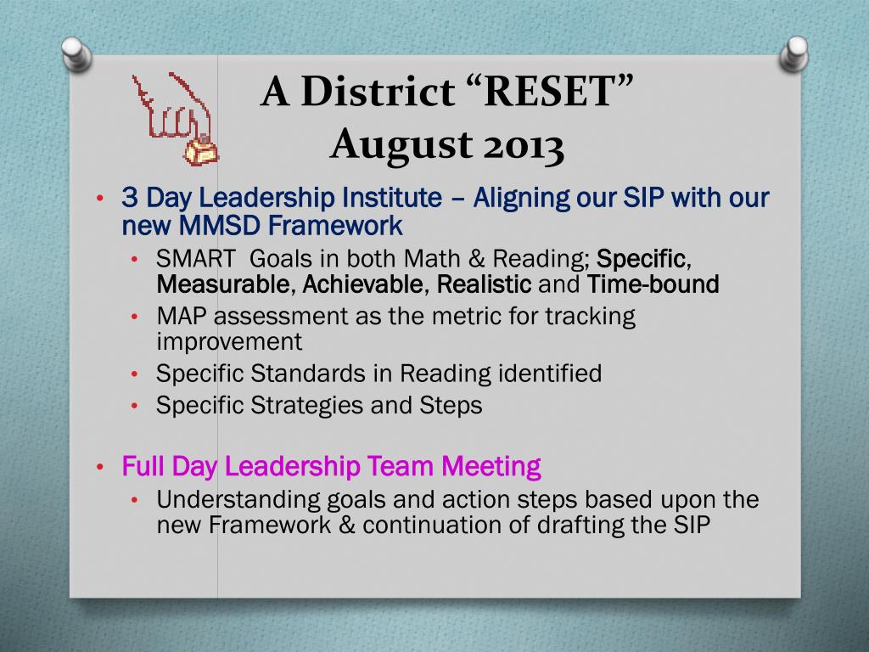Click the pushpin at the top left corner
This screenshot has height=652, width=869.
76,53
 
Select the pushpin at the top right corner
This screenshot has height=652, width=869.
793,53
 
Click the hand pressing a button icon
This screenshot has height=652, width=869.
176,119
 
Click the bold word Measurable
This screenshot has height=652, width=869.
222,284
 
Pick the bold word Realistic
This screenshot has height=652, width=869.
484,284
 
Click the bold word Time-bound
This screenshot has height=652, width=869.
653,284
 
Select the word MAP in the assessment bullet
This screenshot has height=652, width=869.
182,316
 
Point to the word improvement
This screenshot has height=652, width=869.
229,342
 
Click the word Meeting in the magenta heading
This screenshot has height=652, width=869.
491,466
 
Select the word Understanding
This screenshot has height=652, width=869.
238,500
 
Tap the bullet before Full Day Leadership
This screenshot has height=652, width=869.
100,467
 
